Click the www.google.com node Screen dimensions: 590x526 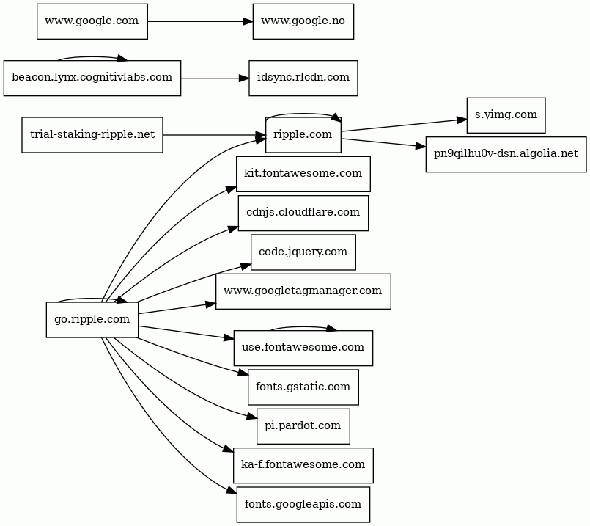(x=92, y=21)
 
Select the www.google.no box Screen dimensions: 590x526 (x=303, y=21)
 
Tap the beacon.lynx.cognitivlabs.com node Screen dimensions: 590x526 (x=92, y=78)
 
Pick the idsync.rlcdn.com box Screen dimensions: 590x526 (x=303, y=78)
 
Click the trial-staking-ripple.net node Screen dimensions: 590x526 (x=92, y=135)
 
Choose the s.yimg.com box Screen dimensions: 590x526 (x=506, y=115)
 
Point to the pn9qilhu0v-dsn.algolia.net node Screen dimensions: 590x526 (x=506, y=154)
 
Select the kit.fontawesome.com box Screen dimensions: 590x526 (x=303, y=174)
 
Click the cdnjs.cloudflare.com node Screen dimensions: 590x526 (x=303, y=213)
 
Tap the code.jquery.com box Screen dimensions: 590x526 (x=303, y=252)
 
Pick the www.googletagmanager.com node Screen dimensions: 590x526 (x=303, y=291)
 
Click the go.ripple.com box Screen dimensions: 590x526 (x=92, y=320)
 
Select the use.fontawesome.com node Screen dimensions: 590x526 (x=303, y=348)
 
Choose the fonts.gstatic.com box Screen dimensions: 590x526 (x=303, y=387)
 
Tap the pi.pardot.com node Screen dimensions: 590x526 (x=303, y=426)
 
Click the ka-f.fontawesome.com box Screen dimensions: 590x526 (x=303, y=465)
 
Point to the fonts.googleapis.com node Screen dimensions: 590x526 (x=303, y=505)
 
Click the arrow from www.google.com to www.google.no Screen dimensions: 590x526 (x=200, y=21)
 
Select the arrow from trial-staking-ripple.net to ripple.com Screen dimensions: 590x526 (x=214, y=135)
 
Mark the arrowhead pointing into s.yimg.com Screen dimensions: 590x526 (x=462, y=120)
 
